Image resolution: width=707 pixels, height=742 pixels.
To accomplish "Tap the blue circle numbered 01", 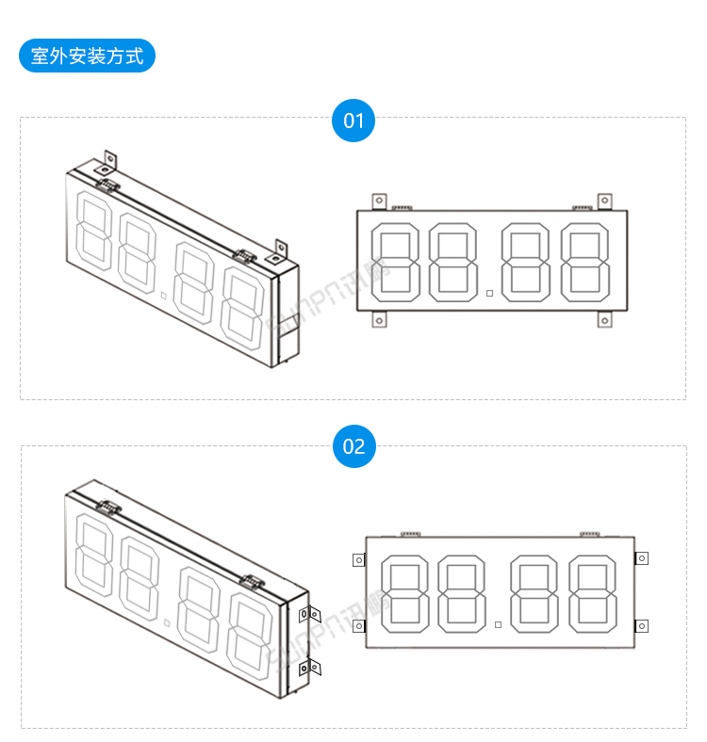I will (353, 121).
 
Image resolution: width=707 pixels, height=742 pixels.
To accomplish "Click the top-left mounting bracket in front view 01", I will (379, 201).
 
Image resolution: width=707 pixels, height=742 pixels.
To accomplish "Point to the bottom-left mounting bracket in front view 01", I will (379, 320).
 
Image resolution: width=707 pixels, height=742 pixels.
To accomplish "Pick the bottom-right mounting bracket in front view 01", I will (604, 320).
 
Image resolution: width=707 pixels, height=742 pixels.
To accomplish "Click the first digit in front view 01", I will (396, 262).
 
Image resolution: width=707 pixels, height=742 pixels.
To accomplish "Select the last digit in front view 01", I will (584, 262).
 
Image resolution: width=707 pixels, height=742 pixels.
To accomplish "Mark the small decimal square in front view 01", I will (489, 293).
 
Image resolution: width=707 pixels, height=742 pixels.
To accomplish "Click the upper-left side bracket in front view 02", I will (358, 559).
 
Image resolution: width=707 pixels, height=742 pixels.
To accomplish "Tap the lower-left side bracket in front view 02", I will (358, 625).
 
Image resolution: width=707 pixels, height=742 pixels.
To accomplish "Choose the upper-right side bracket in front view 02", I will (642, 558).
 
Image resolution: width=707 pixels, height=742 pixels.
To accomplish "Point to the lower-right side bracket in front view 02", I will (642, 625).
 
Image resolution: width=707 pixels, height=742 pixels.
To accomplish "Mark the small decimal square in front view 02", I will (498, 623).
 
